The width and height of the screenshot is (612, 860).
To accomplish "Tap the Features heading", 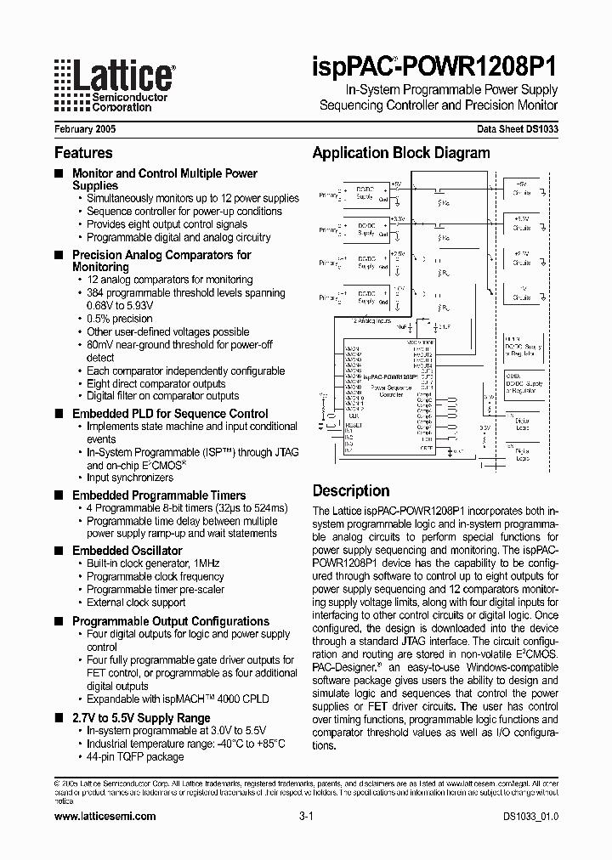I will click(83, 153).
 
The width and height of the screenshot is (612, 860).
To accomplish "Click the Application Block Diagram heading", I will click(401, 153).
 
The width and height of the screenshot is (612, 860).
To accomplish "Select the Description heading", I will click(351, 490).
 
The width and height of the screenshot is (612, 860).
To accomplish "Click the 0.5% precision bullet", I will click(120, 319).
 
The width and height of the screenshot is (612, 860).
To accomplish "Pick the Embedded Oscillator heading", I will click(127, 551).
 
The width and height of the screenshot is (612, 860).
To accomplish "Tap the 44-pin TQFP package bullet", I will click(135, 756).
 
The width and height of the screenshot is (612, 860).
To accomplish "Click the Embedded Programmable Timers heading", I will click(159, 495).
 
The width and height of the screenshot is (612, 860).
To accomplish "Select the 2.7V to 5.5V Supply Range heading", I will click(141, 718).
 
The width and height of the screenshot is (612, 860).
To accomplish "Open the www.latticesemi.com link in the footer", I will click(105, 816).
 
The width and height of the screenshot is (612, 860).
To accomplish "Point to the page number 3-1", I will click(307, 816).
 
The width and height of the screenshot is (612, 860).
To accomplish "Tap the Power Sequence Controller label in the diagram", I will click(390, 391).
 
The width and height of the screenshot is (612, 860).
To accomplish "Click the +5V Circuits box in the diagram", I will click(521, 188).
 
